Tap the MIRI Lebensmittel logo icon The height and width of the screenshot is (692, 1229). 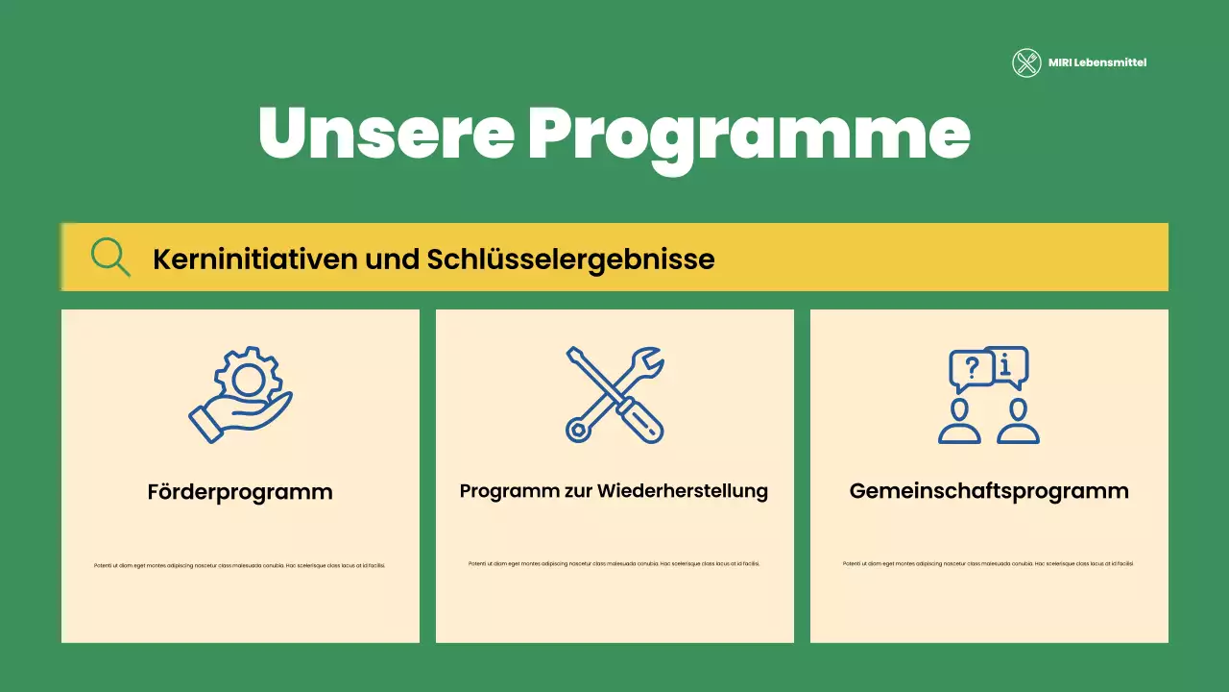coord(1026,63)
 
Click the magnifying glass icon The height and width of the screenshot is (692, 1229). coord(110,257)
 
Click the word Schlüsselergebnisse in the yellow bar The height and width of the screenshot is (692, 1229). coord(570,259)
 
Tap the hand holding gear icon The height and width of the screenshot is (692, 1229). coord(240,395)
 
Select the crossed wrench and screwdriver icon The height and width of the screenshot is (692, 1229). coord(614,395)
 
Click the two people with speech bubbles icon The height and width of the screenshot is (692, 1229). coord(989,395)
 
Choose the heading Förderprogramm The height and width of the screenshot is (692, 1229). coord(240,492)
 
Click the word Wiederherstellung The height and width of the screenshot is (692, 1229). coord(683,491)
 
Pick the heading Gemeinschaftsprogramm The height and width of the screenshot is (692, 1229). coord(989,491)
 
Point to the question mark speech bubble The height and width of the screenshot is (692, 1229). coord(971,369)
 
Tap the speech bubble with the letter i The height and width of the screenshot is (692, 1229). coord(1006,365)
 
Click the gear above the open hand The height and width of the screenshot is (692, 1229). coord(249,376)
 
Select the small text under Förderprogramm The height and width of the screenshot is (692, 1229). coord(240,565)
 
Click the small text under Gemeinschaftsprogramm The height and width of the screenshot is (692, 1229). coord(989,563)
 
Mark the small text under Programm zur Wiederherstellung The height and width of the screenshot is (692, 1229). coord(614,563)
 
